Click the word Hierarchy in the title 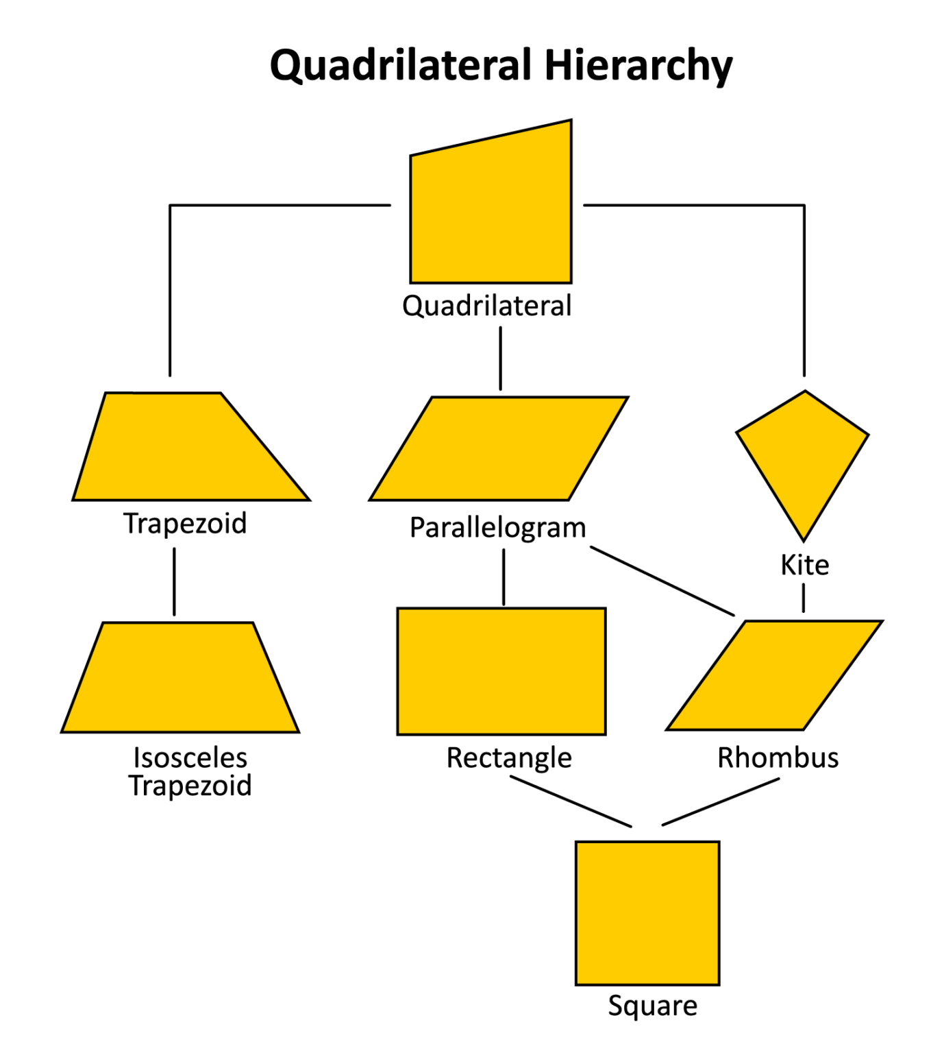point(638,66)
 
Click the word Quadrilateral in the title point(401,66)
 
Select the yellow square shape point(647,912)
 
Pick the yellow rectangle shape point(501,671)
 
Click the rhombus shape point(774,675)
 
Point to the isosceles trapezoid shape point(180,679)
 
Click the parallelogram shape point(499,449)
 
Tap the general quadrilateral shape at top point(491,213)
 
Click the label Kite point(805,566)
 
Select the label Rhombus point(778,758)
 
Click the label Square point(652,1006)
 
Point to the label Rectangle point(509,758)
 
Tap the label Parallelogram point(498,528)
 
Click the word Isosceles point(190,758)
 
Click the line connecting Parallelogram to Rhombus point(662,581)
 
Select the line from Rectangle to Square point(571,801)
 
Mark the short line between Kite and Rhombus point(804,597)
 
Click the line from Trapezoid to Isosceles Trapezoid point(174,581)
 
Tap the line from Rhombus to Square point(721,801)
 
